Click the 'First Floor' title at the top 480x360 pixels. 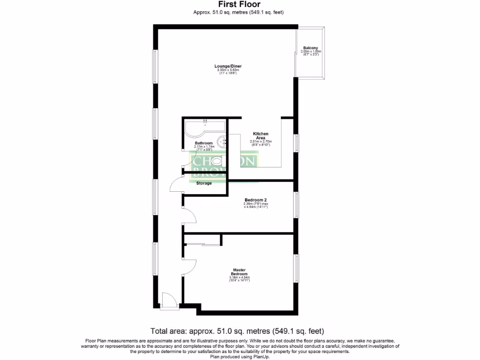[x=240, y=5]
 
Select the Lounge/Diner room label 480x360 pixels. [x=228, y=66]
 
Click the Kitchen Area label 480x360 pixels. [x=261, y=136]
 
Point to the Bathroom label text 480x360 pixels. [x=204, y=143]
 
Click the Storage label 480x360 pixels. [x=204, y=183]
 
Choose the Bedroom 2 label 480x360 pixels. [x=255, y=200]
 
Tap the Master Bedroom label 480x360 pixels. [x=240, y=271]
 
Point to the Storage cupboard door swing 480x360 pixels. [x=176, y=185]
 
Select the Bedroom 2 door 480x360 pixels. [x=189, y=216]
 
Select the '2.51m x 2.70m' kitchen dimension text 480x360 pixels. [x=261, y=142]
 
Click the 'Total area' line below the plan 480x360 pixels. [x=237, y=330]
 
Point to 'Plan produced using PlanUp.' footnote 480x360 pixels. [x=240, y=356]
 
